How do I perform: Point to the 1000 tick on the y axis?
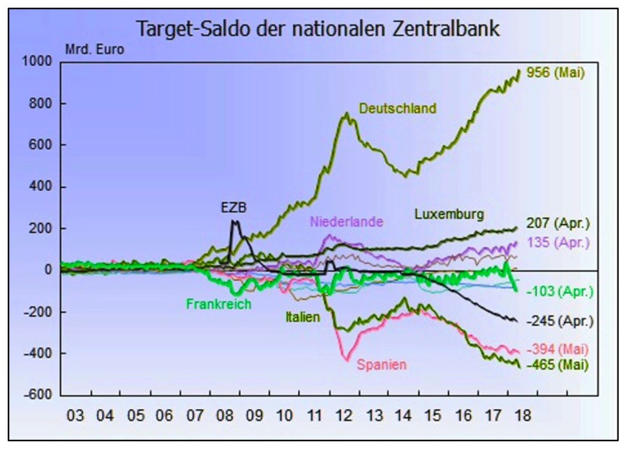pyautogui.click(x=39, y=62)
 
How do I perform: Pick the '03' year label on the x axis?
pyautogui.click(x=75, y=416)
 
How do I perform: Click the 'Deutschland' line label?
pyautogui.click(x=398, y=108)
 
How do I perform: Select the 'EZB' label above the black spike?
pyautogui.click(x=234, y=207)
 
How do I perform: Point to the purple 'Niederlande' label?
pyautogui.click(x=347, y=222)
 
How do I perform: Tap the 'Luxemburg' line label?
pyautogui.click(x=449, y=213)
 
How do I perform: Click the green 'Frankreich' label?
pyautogui.click(x=218, y=304)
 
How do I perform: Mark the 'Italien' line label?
pyautogui.click(x=302, y=317)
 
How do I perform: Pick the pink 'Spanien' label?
pyautogui.click(x=382, y=364)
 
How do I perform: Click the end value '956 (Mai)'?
pyautogui.click(x=555, y=71)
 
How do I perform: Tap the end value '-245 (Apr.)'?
pyautogui.click(x=560, y=321)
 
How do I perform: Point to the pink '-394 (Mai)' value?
pyautogui.click(x=558, y=349)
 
